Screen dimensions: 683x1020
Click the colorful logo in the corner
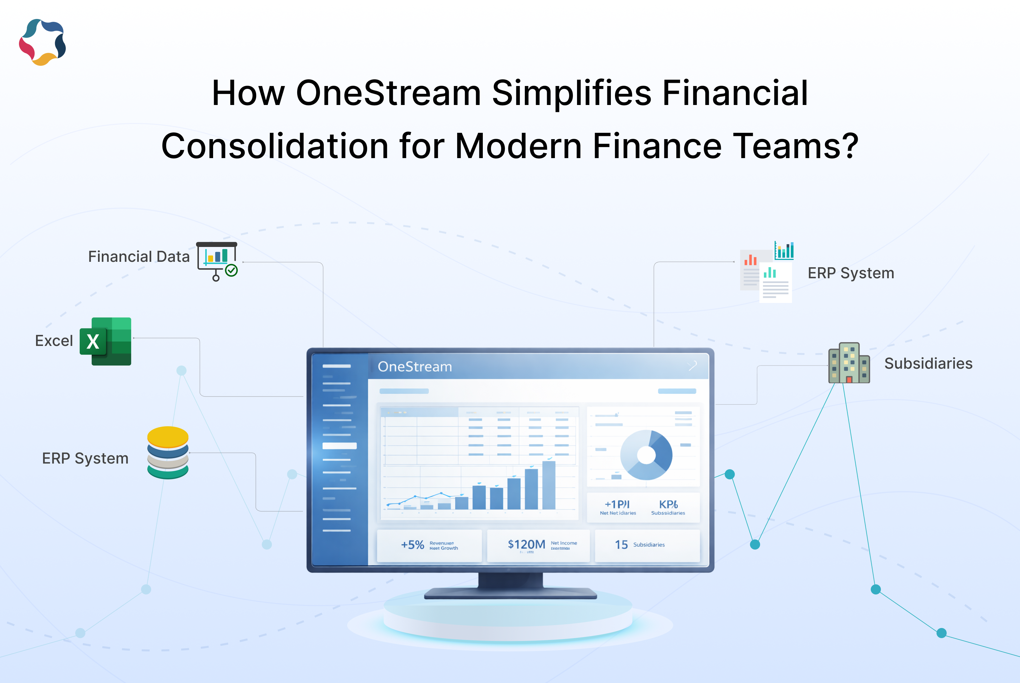[x=42, y=42]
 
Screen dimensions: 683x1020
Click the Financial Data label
[x=138, y=256]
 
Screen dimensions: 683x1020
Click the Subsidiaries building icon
[x=849, y=363]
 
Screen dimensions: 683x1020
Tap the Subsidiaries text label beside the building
[x=928, y=363]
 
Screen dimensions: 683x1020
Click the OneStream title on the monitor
[x=415, y=367]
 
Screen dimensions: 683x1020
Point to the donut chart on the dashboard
[x=646, y=455]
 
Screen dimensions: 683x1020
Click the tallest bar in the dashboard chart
[x=549, y=485]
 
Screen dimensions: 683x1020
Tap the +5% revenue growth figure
[x=412, y=545]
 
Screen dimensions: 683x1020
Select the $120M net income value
[x=526, y=545]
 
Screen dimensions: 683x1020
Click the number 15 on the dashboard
[x=621, y=545]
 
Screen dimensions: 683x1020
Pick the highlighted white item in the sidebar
[x=339, y=446]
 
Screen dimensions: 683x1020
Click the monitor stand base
[x=510, y=593]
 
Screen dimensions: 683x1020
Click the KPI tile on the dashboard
[x=668, y=507]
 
